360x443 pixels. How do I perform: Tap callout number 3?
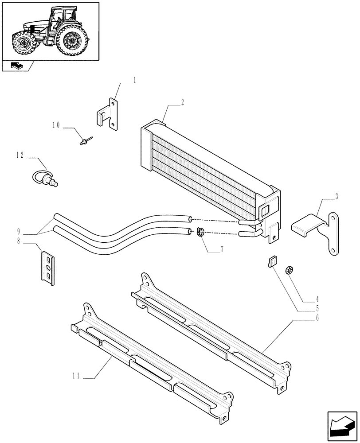[x=337, y=195]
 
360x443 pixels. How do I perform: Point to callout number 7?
[x=222, y=249]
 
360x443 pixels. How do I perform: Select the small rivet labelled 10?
[x=85, y=141]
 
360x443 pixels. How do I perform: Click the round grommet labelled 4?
[x=290, y=270]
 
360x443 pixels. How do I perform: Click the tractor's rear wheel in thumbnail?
[x=71, y=41]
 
